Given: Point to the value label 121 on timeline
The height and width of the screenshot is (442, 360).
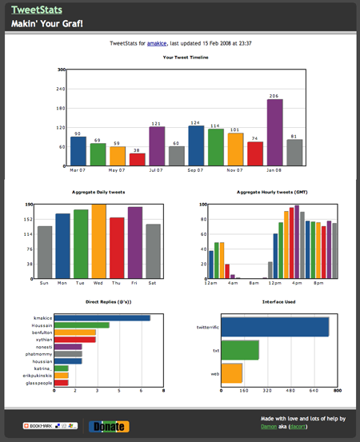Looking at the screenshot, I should pos(157,123).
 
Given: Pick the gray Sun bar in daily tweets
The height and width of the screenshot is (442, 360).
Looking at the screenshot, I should pos(45,252).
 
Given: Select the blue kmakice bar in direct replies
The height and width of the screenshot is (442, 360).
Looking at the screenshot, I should pos(102,318).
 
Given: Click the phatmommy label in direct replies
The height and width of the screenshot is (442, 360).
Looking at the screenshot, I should pos(38,353).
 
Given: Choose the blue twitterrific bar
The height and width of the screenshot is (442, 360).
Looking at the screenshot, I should pos(274,327).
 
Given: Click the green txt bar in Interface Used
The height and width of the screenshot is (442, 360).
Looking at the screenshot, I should pos(239,350).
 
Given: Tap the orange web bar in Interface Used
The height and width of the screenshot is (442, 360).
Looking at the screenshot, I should pos(230,373).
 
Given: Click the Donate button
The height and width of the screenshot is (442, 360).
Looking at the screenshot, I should pos(108,426).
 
